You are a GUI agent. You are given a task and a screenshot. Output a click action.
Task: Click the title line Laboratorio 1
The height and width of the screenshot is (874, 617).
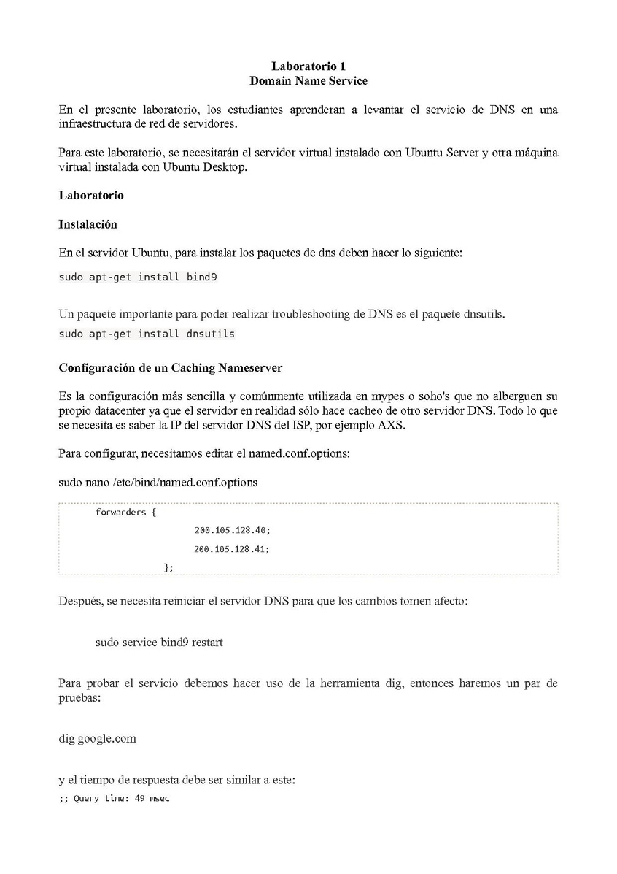[308, 66]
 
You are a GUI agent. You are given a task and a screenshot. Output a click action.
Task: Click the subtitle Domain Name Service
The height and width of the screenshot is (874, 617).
[308, 80]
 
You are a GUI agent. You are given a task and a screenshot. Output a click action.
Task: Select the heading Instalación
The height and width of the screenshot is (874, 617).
[88, 224]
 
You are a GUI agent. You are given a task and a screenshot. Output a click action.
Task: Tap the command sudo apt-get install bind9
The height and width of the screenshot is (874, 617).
[137, 277]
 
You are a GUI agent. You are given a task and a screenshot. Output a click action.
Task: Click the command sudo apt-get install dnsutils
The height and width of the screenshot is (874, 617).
[147, 334]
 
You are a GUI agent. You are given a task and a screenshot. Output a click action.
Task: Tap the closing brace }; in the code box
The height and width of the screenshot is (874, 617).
[168, 567]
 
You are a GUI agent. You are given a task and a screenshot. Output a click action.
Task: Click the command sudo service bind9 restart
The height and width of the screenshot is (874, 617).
[159, 643]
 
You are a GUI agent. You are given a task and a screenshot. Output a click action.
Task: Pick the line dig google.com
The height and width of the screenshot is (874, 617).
[97, 738]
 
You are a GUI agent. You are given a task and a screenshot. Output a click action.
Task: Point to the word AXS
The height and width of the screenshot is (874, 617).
[391, 425]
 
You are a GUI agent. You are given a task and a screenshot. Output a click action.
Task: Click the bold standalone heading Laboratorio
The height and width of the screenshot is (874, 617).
[91, 196]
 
